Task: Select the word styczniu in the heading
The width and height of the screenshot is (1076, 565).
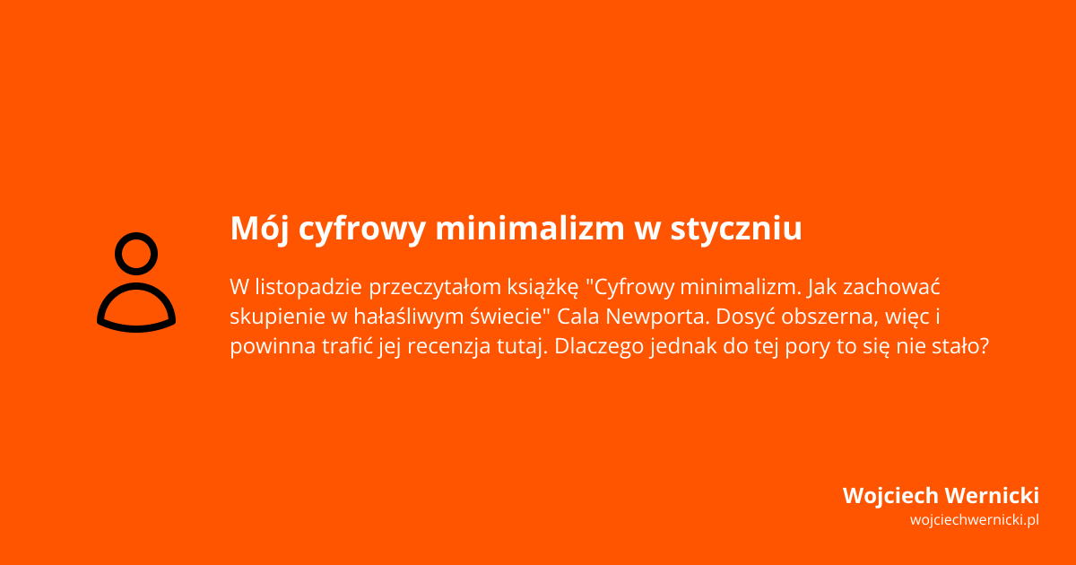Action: pos(736,229)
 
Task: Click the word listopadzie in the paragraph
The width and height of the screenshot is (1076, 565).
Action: pos(308,288)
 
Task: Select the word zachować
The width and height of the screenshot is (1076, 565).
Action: pos(901,288)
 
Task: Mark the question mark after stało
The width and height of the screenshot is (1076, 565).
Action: pos(984,347)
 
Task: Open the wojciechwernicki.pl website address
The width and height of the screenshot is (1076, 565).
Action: pos(974,520)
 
